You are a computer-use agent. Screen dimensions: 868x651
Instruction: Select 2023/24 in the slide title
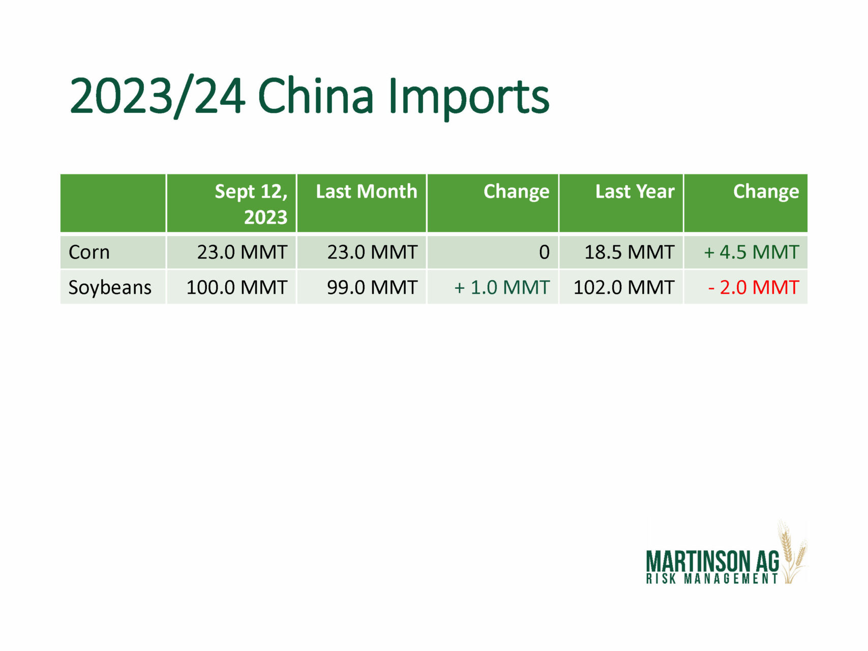tap(158, 97)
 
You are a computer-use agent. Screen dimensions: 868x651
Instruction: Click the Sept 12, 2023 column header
tap(251, 204)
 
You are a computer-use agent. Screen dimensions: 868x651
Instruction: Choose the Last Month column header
tap(366, 191)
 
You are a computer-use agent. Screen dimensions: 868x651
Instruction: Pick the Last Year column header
tap(635, 191)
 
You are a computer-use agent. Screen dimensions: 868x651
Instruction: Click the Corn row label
tap(89, 252)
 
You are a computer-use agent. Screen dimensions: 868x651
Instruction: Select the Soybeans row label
tap(110, 288)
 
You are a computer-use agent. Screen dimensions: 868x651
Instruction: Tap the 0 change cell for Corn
tap(544, 252)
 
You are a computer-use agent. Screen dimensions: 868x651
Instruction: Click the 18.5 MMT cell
tap(630, 252)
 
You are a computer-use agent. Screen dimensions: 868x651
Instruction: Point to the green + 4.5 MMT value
tap(752, 252)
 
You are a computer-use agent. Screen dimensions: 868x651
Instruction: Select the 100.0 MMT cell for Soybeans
tap(237, 287)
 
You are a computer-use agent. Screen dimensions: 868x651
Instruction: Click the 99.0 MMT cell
tap(372, 287)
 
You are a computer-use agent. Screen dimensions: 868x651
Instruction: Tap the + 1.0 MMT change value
tap(502, 287)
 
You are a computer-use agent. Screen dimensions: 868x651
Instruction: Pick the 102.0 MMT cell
tap(624, 287)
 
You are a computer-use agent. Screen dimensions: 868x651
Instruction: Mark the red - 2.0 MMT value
tap(754, 287)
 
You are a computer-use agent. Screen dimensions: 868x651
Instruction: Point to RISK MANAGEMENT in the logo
tap(712, 579)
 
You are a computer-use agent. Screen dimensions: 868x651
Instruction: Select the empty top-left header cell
tap(113, 203)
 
